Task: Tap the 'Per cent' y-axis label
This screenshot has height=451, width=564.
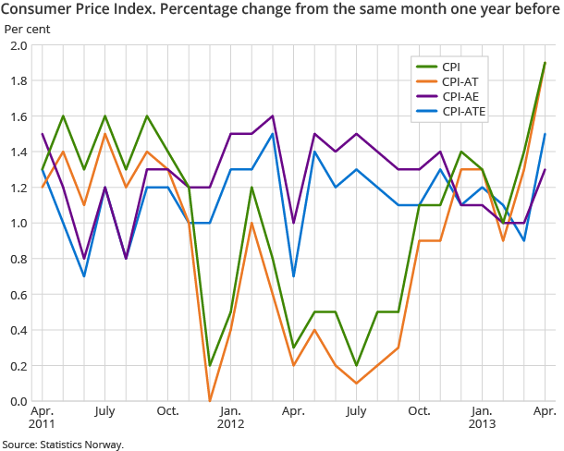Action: coord(28,29)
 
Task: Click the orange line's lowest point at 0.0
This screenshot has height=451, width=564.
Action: coord(210,401)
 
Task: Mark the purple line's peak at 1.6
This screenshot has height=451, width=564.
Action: coord(273,116)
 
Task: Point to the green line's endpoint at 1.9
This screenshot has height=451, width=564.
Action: coord(545,63)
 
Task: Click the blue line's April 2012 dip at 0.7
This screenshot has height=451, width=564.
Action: coord(294,276)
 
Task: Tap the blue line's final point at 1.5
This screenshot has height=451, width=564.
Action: coord(545,134)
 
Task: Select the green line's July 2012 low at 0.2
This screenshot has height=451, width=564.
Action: coord(357,365)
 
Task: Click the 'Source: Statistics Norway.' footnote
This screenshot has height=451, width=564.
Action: coord(63,444)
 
